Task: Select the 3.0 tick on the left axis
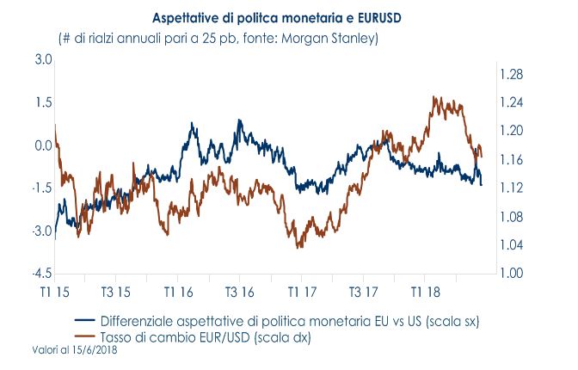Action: (x=43, y=60)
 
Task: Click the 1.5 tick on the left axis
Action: (x=43, y=103)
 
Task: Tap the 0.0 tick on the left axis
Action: (x=43, y=145)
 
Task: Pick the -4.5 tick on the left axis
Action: (x=41, y=274)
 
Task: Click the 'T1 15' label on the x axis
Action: (x=55, y=292)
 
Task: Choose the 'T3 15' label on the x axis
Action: (x=116, y=292)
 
